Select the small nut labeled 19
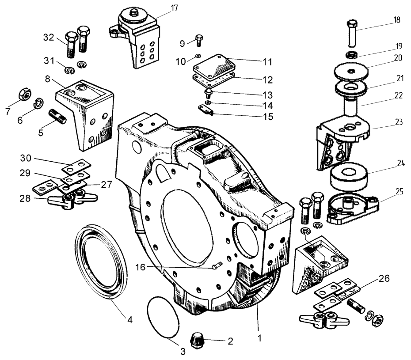click(x=351, y=55)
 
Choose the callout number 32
click(x=50, y=38)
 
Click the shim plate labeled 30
click(x=76, y=167)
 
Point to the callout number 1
click(x=260, y=339)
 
